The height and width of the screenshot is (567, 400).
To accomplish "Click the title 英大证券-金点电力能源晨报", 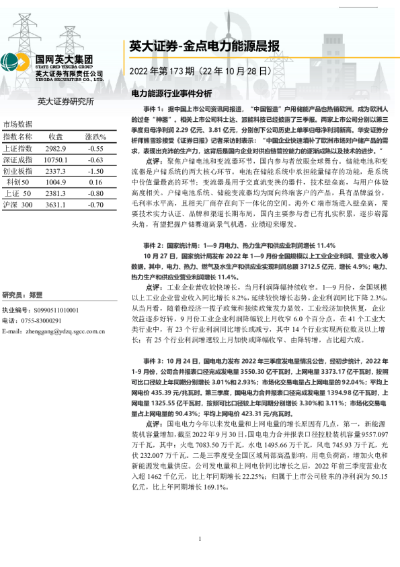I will (x=204, y=46).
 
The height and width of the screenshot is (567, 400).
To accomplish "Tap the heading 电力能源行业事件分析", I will (x=171, y=93).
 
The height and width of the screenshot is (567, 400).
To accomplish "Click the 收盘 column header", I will (x=55, y=137).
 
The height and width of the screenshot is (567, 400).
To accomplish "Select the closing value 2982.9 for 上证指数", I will (x=55, y=148).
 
